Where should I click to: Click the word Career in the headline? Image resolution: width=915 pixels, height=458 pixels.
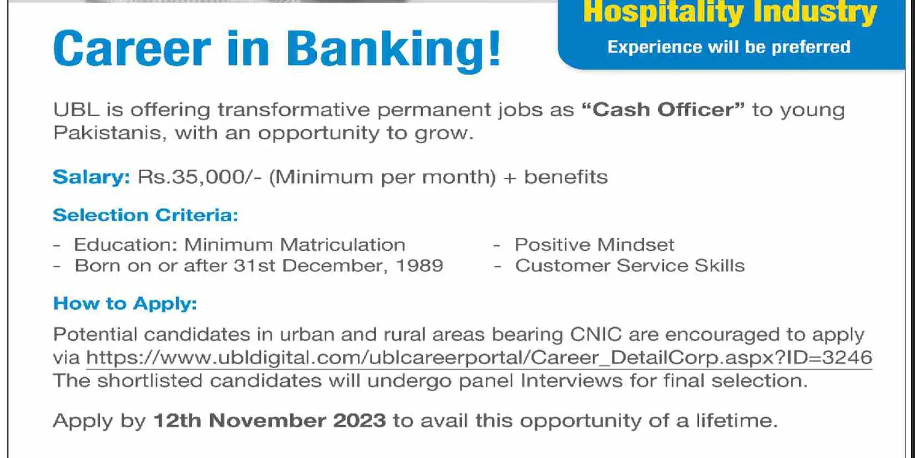tap(132, 48)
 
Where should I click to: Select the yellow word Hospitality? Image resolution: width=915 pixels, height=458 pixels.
tap(663, 12)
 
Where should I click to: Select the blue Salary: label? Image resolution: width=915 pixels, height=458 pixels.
tap(91, 178)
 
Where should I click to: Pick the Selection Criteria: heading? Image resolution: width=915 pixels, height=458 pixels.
tap(145, 215)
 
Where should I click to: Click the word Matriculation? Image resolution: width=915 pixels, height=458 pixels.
tap(343, 244)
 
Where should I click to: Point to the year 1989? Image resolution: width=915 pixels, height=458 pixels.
tap(419, 266)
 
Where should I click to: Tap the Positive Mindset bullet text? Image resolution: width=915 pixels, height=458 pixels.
tap(594, 244)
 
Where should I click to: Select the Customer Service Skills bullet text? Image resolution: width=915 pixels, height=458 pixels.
tap(630, 266)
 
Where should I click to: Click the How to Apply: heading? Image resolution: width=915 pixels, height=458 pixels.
tap(125, 303)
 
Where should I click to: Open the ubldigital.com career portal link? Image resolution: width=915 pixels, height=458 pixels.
tap(479, 358)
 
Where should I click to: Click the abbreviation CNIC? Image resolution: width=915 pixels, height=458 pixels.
tap(596, 335)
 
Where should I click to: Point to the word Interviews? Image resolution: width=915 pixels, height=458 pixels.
tap(571, 381)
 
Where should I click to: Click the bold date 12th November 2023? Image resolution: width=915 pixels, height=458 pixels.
tap(270, 421)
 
